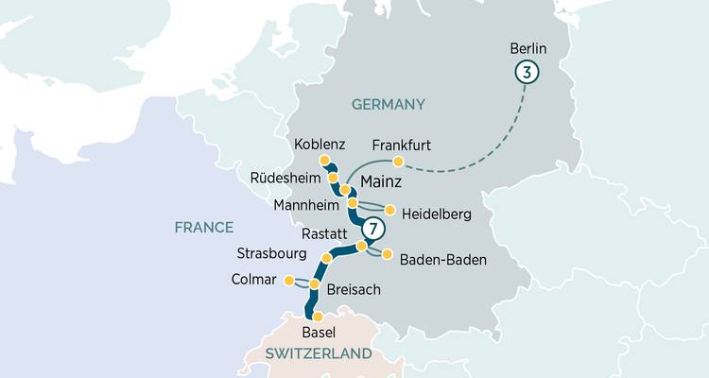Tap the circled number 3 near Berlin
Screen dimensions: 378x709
pos(527,72)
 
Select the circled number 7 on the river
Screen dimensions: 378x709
pos(374,229)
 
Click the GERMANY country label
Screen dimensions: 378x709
pos(389,104)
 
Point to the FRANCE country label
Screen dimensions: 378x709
pos(203,227)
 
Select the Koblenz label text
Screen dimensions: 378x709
pos(320,145)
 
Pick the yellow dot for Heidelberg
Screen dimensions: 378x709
pos(389,210)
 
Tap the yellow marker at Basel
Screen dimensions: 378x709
pos(318,317)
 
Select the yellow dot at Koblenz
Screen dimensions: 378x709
pos(324,160)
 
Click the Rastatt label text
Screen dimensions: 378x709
pos(325,232)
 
